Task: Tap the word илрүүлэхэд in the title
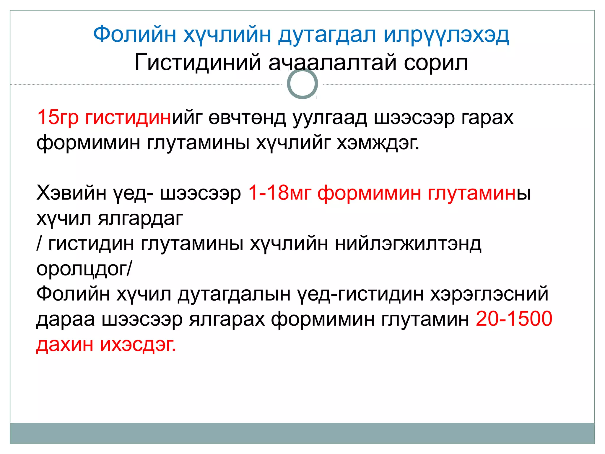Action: point(446,35)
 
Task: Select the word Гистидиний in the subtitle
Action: point(198,63)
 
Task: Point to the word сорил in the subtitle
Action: point(436,63)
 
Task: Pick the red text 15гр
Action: point(58,117)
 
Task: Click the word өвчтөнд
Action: point(247,117)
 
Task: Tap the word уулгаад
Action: point(330,117)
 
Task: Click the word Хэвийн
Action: point(71,193)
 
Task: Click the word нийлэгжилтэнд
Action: point(408,244)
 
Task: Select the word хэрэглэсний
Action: point(489,294)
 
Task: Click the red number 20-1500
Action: point(514,319)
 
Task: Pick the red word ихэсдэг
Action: point(138,344)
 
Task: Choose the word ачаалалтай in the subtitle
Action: point(332,63)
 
